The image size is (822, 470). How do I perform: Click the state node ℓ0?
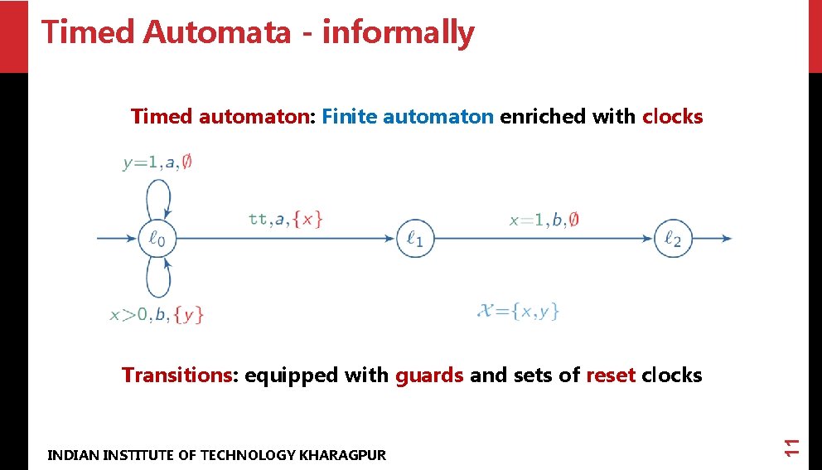[157, 239]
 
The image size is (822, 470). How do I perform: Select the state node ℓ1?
[415, 239]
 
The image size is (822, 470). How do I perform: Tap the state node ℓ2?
[673, 239]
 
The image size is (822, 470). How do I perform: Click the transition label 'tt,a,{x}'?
[285, 219]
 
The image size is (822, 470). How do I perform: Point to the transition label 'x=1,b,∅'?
[544, 220]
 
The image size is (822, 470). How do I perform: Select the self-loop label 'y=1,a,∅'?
[158, 162]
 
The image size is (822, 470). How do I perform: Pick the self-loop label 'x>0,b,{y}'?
[157, 314]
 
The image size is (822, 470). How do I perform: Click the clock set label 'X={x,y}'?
[519, 312]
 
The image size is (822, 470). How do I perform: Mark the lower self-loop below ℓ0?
[157, 280]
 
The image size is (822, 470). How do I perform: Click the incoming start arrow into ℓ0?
[117, 239]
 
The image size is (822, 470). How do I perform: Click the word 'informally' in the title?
[399, 32]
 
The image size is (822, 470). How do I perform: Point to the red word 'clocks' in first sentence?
[672, 116]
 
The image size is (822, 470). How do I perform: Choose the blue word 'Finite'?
[350, 116]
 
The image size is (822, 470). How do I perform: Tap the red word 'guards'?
[429, 375]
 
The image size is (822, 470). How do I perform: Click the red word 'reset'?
[611, 375]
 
